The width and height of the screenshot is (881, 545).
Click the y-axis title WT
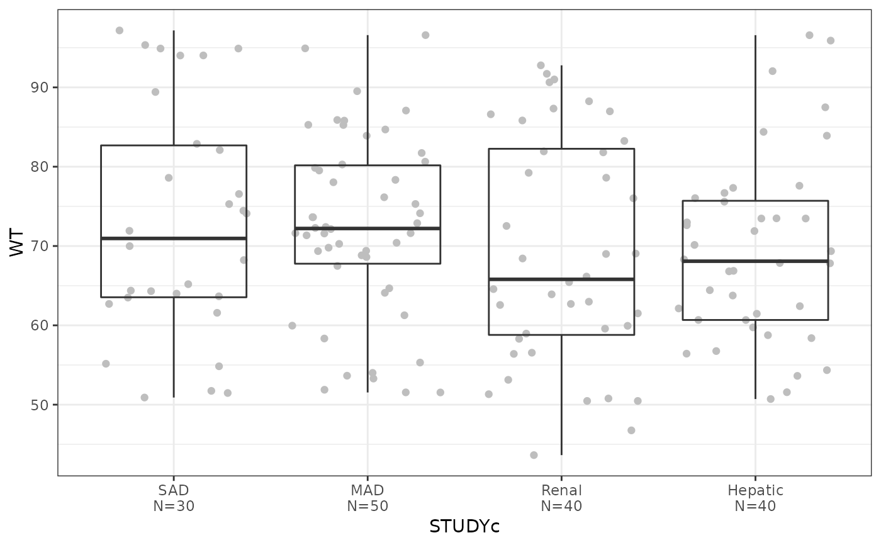click(17, 242)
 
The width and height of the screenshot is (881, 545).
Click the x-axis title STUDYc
click(464, 526)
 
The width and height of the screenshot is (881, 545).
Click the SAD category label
click(174, 490)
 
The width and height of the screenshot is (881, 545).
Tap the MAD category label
click(368, 490)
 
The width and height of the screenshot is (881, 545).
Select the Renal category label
click(561, 490)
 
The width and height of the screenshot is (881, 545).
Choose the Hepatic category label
click(755, 490)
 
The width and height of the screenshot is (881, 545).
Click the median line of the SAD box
click(174, 239)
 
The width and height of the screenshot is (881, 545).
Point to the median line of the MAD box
click(368, 228)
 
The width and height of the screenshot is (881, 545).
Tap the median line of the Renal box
click(561, 279)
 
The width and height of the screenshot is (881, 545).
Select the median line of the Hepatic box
click(755, 261)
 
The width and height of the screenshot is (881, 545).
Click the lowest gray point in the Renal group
click(534, 455)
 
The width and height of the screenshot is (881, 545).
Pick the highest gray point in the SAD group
click(120, 30)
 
